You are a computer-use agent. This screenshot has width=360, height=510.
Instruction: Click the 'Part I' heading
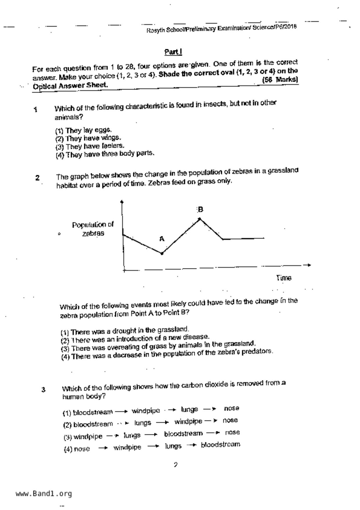(x=173, y=52)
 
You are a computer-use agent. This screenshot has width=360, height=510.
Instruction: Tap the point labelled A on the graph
(x=162, y=253)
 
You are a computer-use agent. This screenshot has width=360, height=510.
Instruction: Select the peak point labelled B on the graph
(x=200, y=219)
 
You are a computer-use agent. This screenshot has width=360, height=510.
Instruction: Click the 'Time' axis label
(x=284, y=278)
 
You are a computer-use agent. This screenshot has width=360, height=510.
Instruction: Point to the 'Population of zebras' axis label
(x=93, y=229)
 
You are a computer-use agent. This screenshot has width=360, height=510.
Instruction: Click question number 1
(x=35, y=110)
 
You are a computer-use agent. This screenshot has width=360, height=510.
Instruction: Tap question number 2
(x=37, y=178)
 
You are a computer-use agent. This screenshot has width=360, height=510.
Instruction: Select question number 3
(x=43, y=390)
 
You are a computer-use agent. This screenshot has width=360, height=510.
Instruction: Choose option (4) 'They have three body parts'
(x=105, y=154)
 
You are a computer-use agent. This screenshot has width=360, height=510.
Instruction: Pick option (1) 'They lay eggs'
(x=83, y=130)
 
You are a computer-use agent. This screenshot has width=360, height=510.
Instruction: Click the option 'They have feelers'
(x=90, y=146)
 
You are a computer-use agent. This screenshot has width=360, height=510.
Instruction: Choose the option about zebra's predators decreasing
(x=167, y=354)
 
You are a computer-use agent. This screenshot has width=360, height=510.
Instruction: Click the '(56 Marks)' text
(x=280, y=79)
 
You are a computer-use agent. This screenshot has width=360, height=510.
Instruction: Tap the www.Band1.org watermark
(x=44, y=493)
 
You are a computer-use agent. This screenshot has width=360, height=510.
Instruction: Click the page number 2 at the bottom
(x=175, y=465)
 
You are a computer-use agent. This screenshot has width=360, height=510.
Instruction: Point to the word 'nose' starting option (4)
(x=82, y=449)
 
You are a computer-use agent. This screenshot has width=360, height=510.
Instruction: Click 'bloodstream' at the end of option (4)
(x=221, y=445)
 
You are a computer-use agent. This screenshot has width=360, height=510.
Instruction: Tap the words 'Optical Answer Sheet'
(x=70, y=86)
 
